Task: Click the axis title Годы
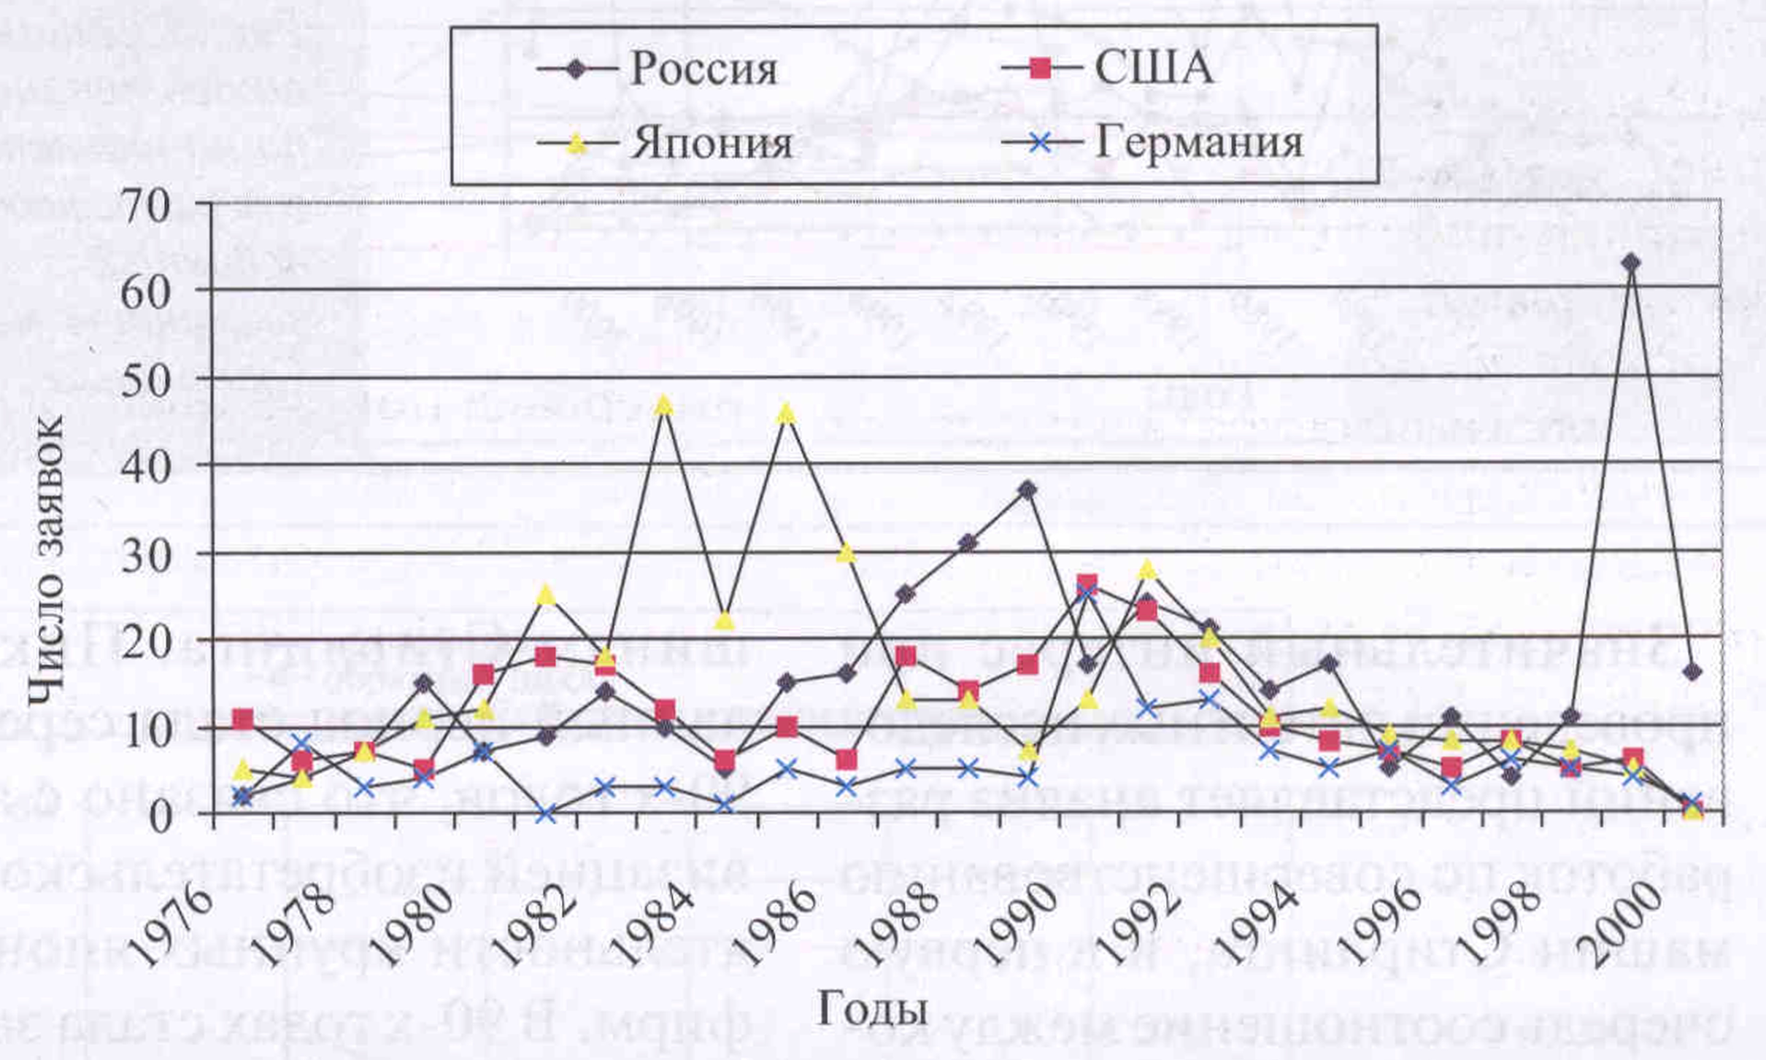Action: coord(872,1010)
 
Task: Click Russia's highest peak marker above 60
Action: coord(1631,263)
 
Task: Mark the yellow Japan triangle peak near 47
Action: coord(663,406)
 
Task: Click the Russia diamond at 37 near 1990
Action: coord(1027,490)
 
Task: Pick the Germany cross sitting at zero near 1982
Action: coord(545,814)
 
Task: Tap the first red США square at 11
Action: coord(243,719)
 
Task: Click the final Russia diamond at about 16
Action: coord(1692,672)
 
